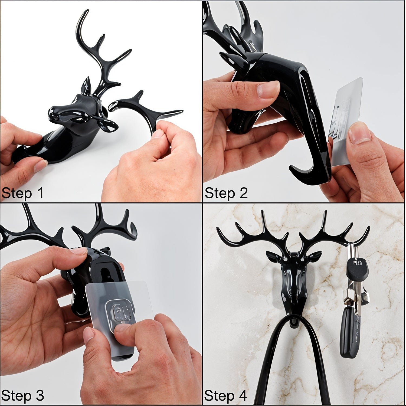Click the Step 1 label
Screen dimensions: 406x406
[22, 193]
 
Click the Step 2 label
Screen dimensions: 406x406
[226, 193]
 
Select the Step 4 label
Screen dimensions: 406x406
[225, 396]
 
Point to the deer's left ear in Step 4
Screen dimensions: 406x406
[314, 256]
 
